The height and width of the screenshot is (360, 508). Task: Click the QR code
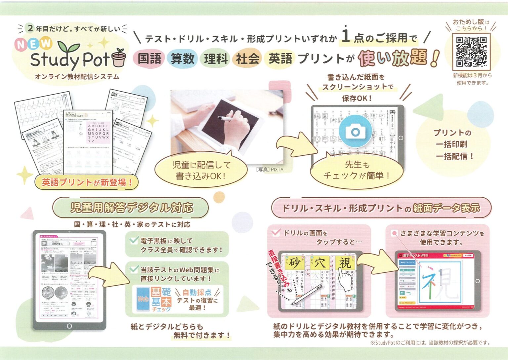(471, 52)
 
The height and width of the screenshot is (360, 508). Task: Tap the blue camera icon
(356, 131)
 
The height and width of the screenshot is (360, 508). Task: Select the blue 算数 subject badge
(182, 59)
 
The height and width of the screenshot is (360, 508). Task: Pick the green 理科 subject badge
(216, 59)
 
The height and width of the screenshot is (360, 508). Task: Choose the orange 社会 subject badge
(247, 59)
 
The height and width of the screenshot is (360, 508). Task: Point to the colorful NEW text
(33, 44)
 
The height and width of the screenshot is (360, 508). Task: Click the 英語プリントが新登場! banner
(87, 182)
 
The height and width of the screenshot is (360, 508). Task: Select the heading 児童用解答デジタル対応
(131, 208)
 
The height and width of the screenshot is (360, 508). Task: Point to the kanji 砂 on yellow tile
(295, 263)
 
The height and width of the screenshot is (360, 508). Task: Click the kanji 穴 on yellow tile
(320, 263)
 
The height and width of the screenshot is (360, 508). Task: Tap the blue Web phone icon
(143, 299)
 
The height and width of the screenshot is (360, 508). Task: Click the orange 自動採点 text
(197, 292)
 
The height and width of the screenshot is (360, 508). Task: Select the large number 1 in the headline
(346, 35)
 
